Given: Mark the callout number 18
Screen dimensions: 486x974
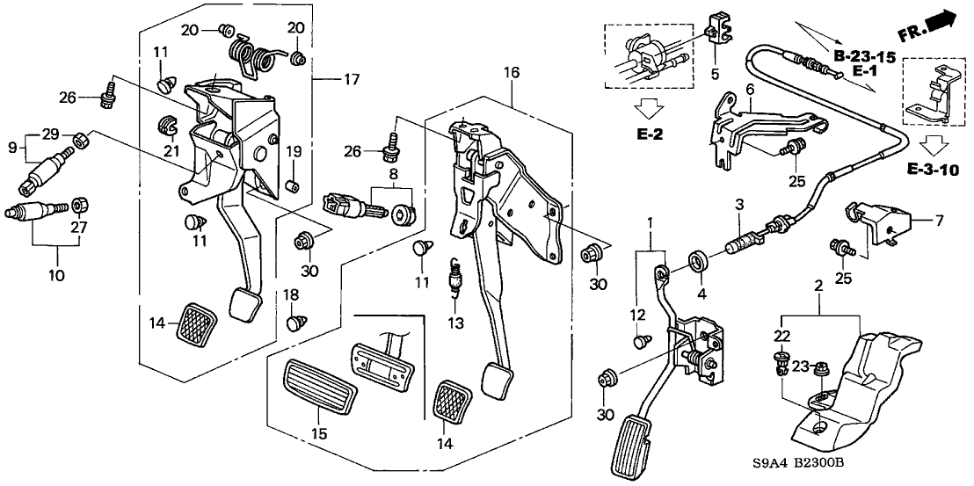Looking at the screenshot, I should pyautogui.click(x=289, y=294).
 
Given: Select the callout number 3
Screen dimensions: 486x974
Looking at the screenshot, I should pyautogui.click(x=740, y=205).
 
